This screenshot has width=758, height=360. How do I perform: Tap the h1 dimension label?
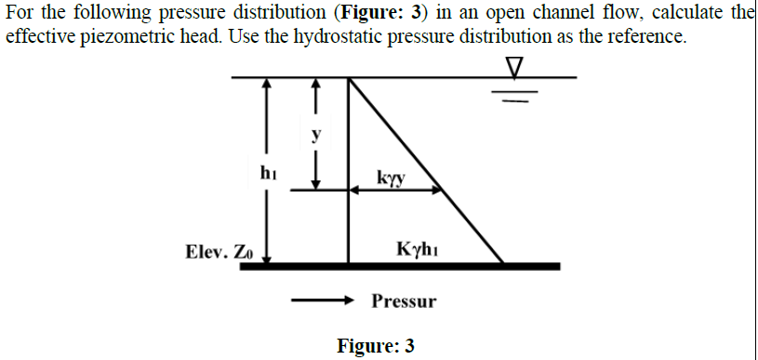pyautogui.click(x=268, y=172)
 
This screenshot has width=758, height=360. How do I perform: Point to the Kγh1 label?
pyautogui.click(x=417, y=249)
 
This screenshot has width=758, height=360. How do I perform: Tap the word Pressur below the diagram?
pyautogui.click(x=404, y=301)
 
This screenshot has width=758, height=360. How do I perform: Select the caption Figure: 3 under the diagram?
pyautogui.click(x=377, y=346)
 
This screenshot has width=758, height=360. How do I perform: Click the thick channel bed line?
pyautogui.click(x=400, y=266)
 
